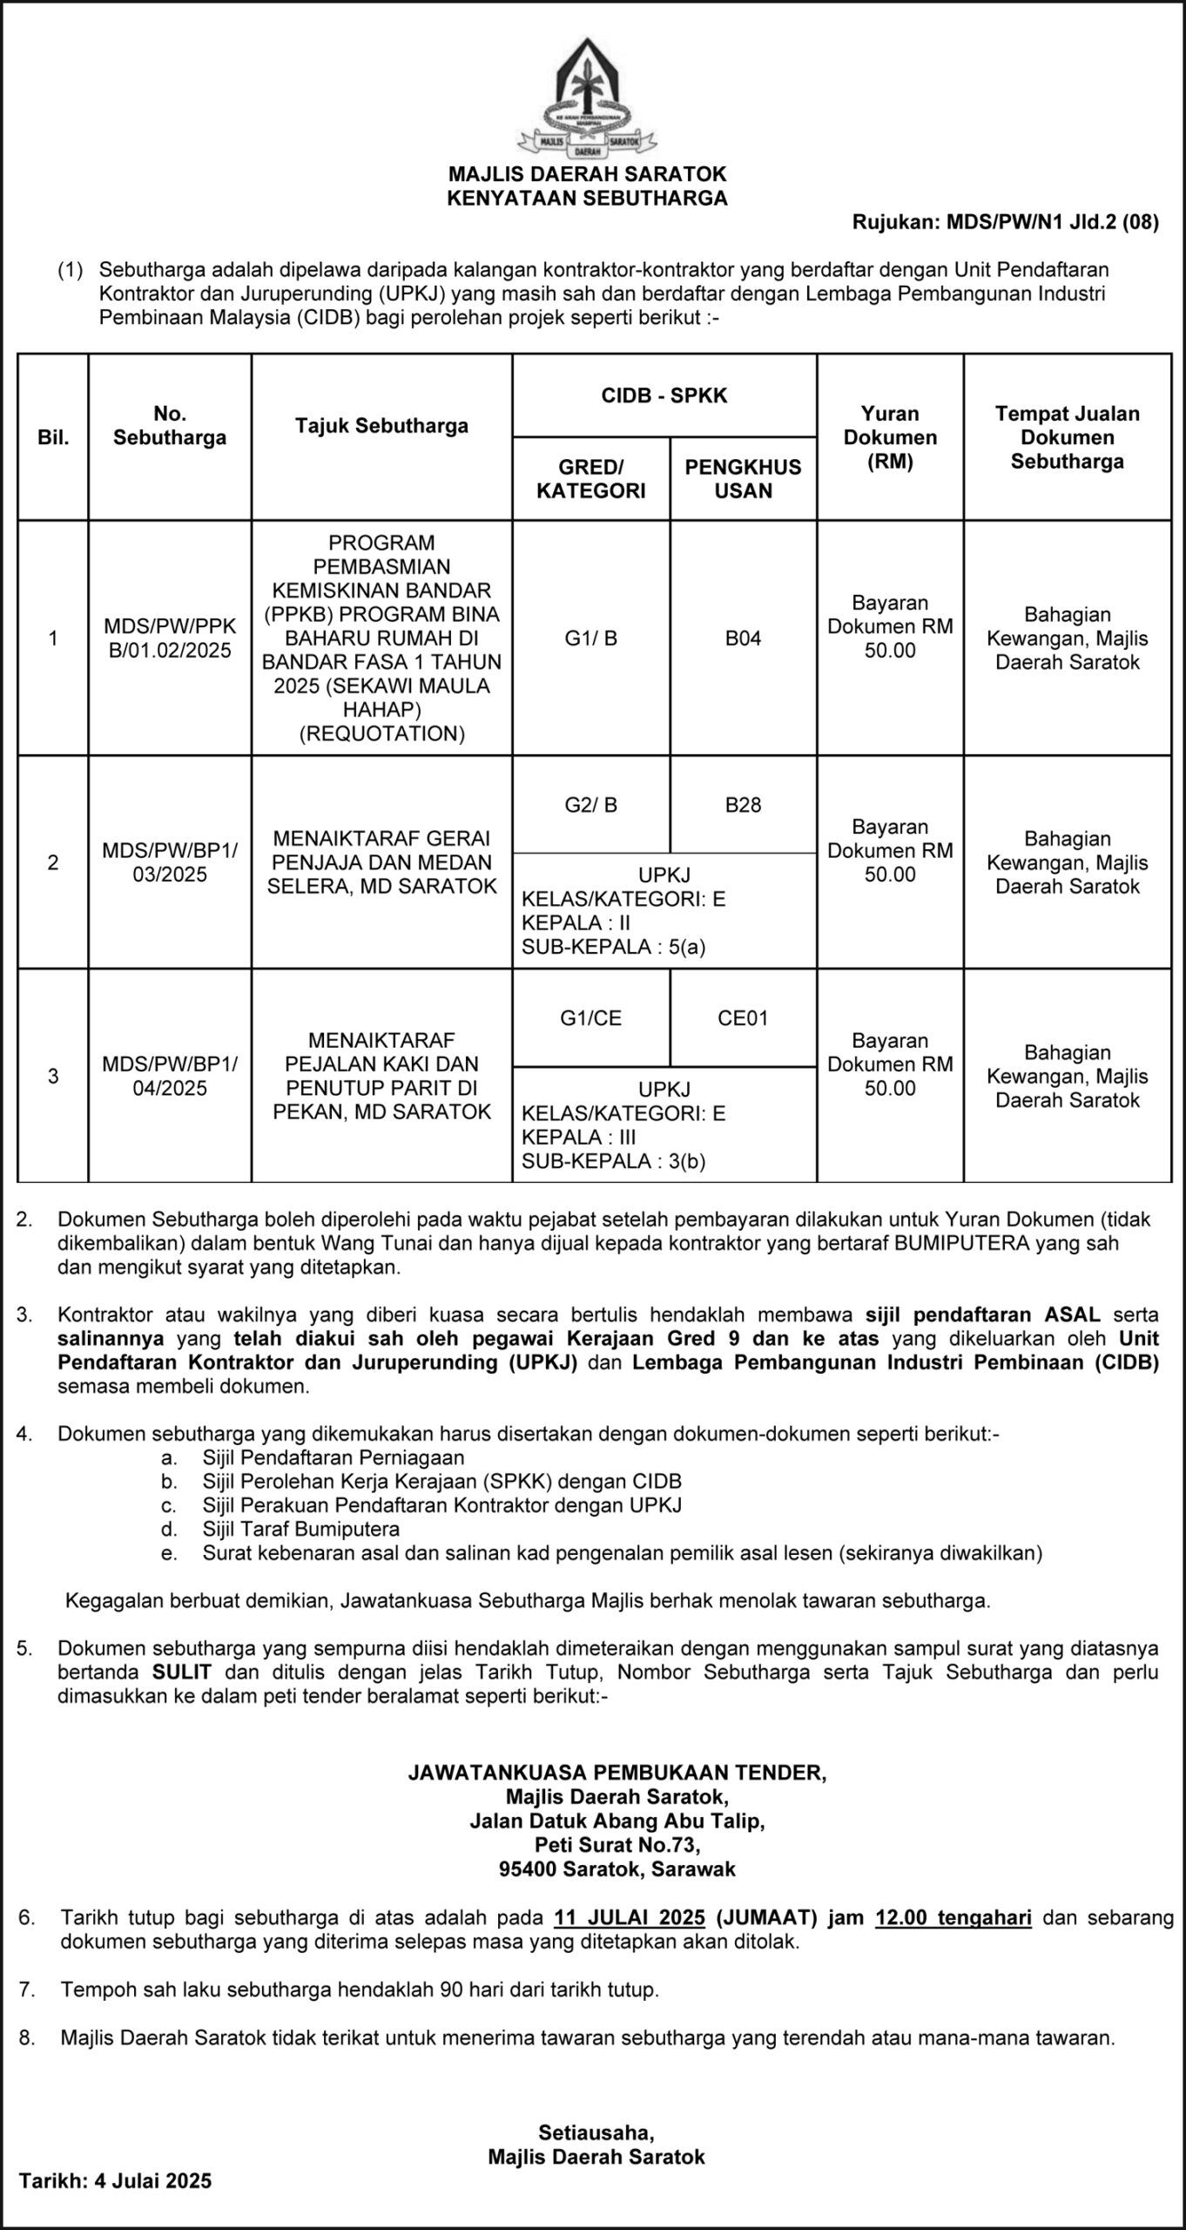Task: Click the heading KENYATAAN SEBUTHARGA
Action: pos(587,199)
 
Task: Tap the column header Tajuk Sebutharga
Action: pos(381,426)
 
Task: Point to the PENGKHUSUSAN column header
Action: pos(743,478)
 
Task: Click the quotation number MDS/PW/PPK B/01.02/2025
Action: pos(170,638)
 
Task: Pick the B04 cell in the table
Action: pos(743,639)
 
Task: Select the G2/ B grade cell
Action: pos(590,805)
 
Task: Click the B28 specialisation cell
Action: pos(743,805)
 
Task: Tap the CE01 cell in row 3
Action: pos(743,1018)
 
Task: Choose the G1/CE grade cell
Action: pos(590,1018)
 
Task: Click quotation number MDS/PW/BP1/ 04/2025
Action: pos(170,1076)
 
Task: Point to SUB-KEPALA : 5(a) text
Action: pos(613,947)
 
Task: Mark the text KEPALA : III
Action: pos(576,1137)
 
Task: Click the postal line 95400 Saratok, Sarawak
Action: pos(617,1868)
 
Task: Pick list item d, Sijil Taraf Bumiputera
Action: pos(300,1529)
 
